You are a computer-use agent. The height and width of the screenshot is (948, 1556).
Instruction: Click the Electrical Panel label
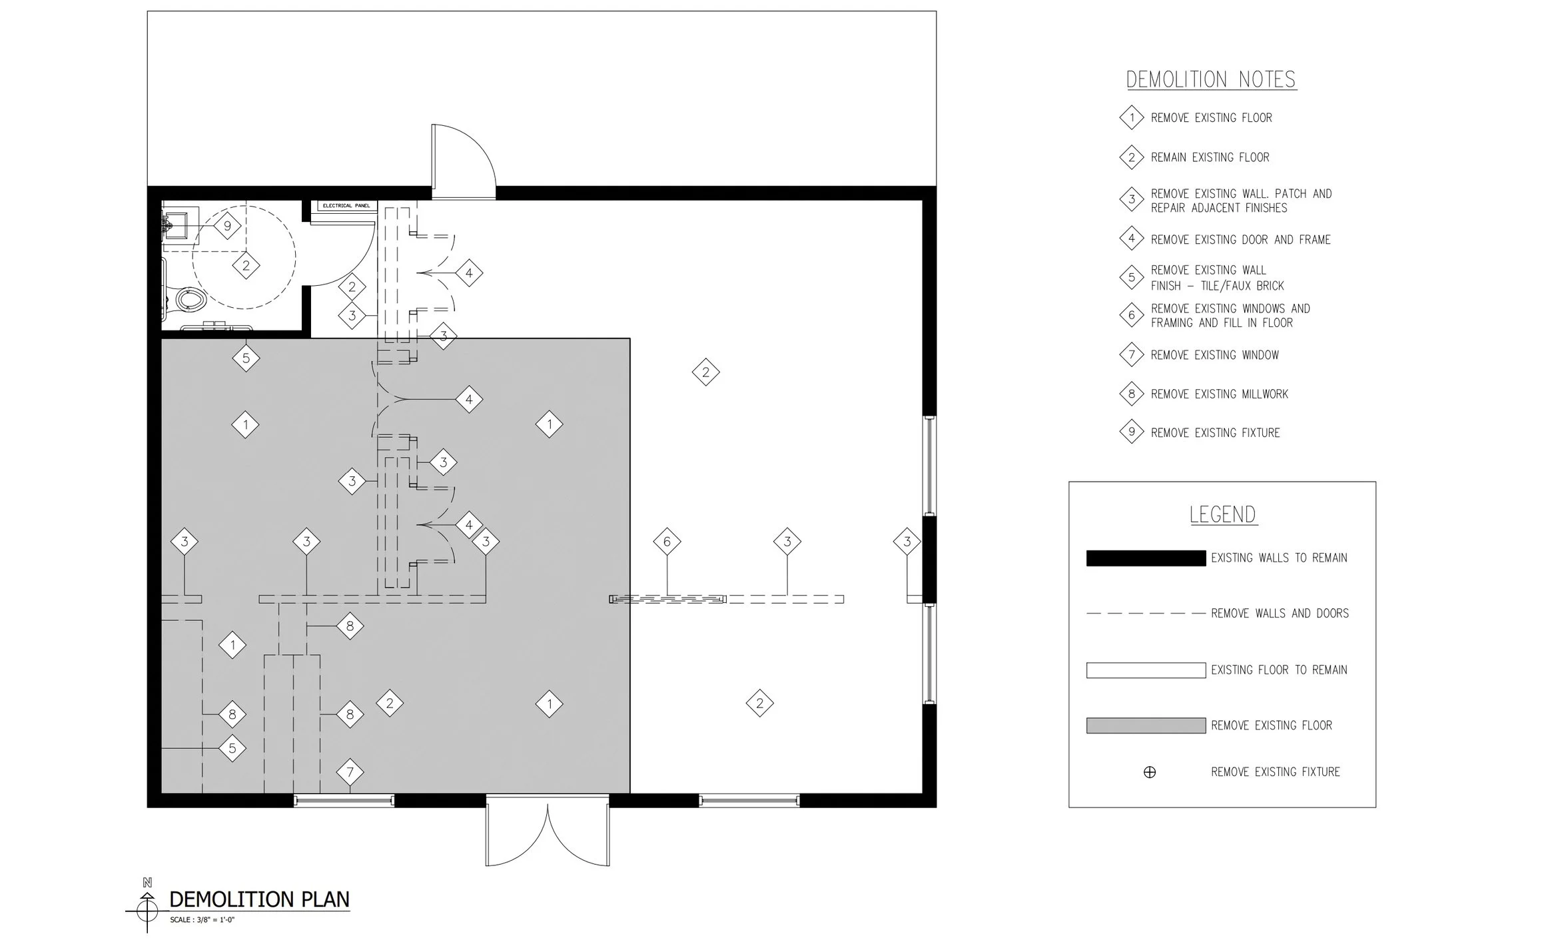(x=346, y=206)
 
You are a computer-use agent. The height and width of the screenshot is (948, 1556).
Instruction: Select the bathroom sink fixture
(x=179, y=224)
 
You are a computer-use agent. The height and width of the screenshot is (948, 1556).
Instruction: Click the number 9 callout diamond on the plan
(x=228, y=226)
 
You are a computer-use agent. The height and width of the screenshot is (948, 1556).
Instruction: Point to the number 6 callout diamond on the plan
(x=667, y=542)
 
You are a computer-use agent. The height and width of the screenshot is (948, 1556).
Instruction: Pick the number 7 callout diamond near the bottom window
(x=350, y=773)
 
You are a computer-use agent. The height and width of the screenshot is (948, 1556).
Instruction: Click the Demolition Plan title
(x=259, y=899)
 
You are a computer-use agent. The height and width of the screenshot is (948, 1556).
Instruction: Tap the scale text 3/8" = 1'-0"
(x=202, y=920)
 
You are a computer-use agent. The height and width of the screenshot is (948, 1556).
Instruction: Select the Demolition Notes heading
(x=1211, y=80)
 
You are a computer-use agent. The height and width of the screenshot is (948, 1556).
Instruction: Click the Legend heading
(x=1223, y=515)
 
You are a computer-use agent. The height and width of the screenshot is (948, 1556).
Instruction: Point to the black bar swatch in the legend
(x=1146, y=558)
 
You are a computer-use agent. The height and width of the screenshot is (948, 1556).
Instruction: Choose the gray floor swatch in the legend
(x=1146, y=725)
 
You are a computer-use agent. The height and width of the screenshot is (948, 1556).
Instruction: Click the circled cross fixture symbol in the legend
(x=1150, y=773)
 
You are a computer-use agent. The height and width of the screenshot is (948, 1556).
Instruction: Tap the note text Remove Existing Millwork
(x=1220, y=394)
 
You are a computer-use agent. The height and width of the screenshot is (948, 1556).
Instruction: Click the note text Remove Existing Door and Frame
(x=1240, y=240)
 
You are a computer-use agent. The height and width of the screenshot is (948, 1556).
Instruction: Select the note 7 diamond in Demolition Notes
(x=1132, y=355)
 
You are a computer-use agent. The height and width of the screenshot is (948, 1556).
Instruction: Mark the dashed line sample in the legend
(x=1146, y=614)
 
